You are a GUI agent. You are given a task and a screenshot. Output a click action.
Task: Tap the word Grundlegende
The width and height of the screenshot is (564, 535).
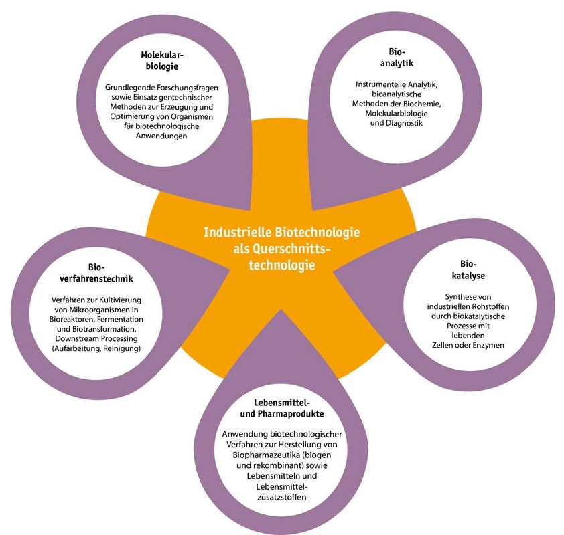pos(131,87)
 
